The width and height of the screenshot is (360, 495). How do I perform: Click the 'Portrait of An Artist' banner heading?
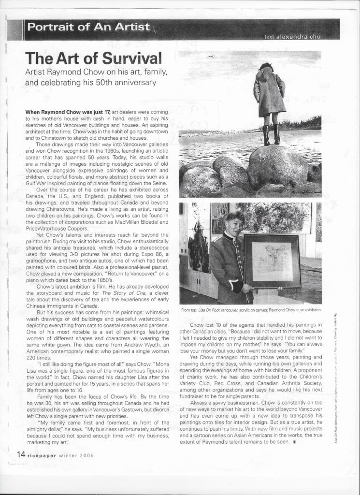click(x=88, y=27)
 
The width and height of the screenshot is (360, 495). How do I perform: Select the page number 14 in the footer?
click(x=21, y=454)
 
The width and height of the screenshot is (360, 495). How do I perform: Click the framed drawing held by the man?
click(x=272, y=261)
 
